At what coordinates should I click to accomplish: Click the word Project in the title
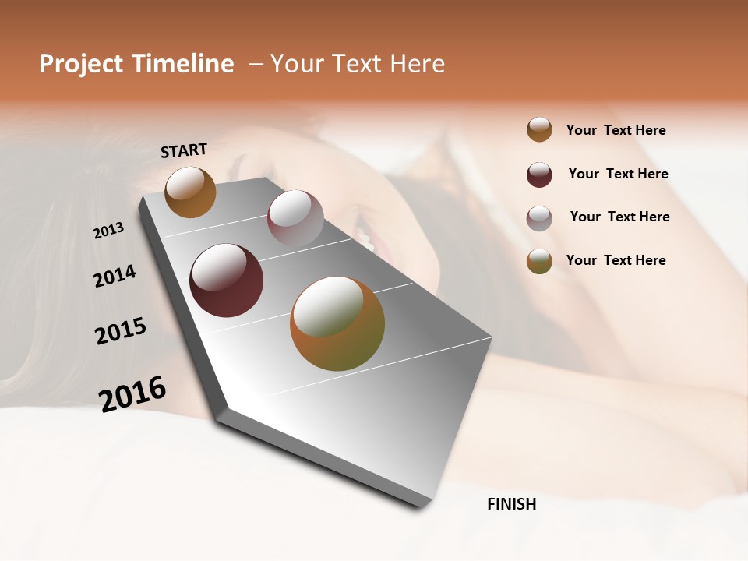point(81,64)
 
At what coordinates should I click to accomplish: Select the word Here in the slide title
point(417,64)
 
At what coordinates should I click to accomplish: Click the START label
point(184,150)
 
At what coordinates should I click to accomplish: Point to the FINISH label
point(512,504)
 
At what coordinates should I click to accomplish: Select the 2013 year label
point(108,231)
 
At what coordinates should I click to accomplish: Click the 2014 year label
point(115,276)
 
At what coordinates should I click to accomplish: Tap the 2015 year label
point(121,331)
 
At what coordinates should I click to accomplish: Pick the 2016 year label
point(132,393)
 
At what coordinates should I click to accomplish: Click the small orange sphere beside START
point(190,192)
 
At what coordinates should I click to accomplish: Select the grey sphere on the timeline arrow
point(295,218)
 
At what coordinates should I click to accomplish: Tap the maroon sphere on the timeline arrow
point(227,280)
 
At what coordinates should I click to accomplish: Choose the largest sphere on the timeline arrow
point(337,323)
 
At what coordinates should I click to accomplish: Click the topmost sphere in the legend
point(539,129)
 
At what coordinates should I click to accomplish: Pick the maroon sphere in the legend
point(539,175)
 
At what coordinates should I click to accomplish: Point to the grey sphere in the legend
point(539,218)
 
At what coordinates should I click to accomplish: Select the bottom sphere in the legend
point(539,261)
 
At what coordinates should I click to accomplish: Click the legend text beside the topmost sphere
point(616,130)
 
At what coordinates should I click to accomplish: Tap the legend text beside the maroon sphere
point(619,174)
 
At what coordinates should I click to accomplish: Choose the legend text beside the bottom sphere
point(616,260)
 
